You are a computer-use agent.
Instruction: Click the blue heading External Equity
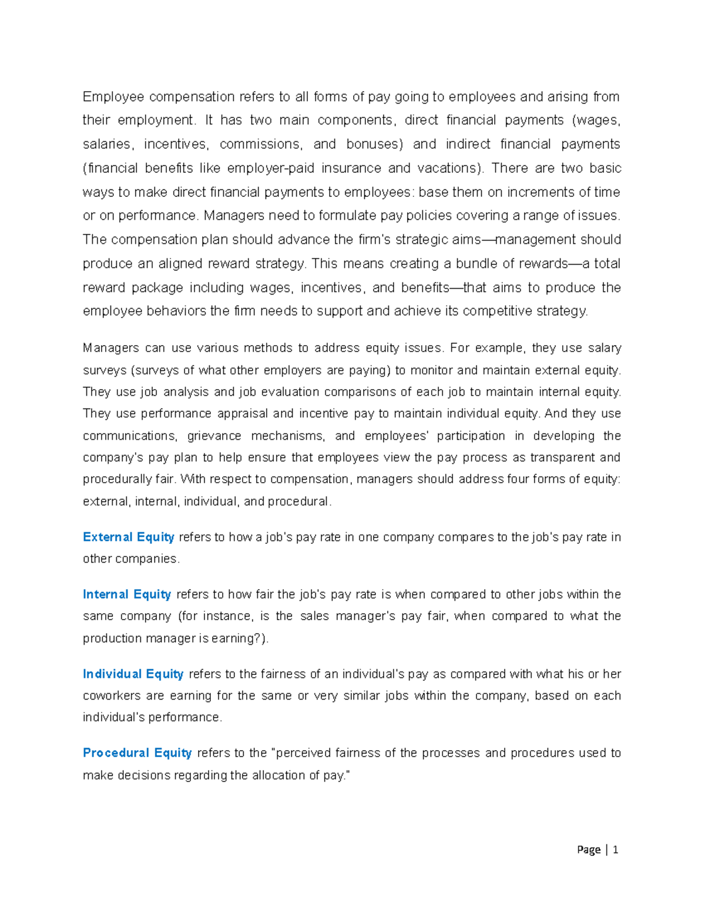pyautogui.click(x=128, y=537)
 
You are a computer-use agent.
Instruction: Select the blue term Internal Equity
pyautogui.click(x=126, y=594)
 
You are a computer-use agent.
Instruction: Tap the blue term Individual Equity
pyautogui.click(x=133, y=674)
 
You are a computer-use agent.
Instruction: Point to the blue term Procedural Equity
pyautogui.click(x=137, y=753)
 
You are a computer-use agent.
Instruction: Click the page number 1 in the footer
pyautogui.click(x=615, y=849)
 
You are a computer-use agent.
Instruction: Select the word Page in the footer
pyautogui.click(x=589, y=849)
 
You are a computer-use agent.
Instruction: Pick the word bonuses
pyautogui.click(x=374, y=144)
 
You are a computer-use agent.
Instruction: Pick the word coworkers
pyautogui.click(x=111, y=695)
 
